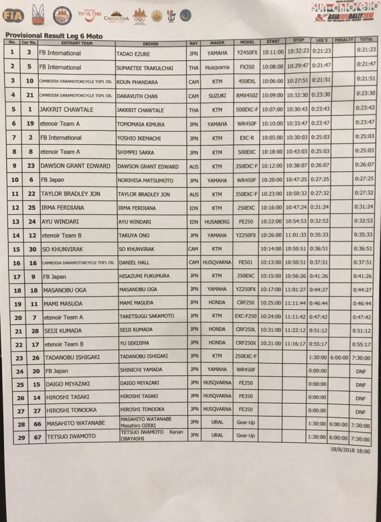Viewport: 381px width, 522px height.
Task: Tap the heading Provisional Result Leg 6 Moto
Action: coord(54,36)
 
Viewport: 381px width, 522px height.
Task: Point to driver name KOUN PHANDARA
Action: coord(137,81)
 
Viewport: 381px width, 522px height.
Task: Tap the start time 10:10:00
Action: coord(272,123)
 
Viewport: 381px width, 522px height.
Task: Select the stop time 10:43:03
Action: coord(297,151)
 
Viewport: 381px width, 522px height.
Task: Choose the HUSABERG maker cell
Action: coord(217,222)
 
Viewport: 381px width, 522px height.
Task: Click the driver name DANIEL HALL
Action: coord(133,263)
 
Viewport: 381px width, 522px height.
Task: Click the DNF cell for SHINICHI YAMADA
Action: coord(361,372)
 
